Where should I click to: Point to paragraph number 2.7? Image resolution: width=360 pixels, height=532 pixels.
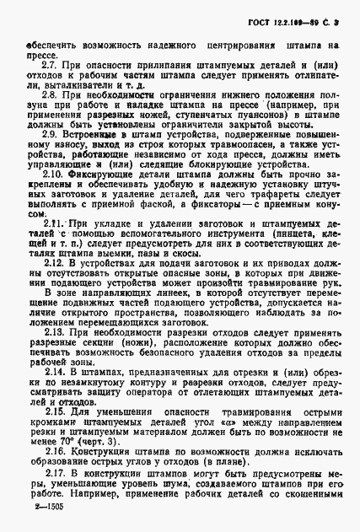click(49, 65)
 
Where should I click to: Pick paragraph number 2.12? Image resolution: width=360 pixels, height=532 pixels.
click(51, 265)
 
